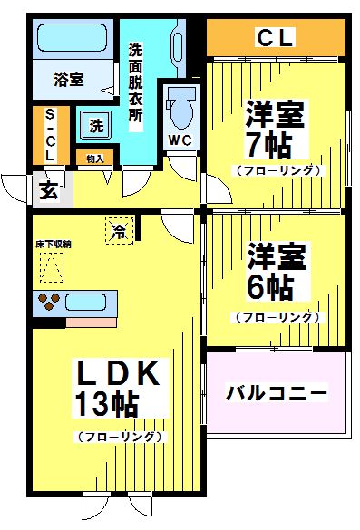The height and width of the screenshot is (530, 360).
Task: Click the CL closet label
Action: point(276,38)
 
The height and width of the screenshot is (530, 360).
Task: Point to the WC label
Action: point(179,140)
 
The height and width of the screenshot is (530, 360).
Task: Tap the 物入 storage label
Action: point(95,159)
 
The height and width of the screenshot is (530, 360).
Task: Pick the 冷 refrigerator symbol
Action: point(119,231)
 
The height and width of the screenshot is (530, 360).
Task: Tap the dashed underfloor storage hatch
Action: point(53,267)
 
